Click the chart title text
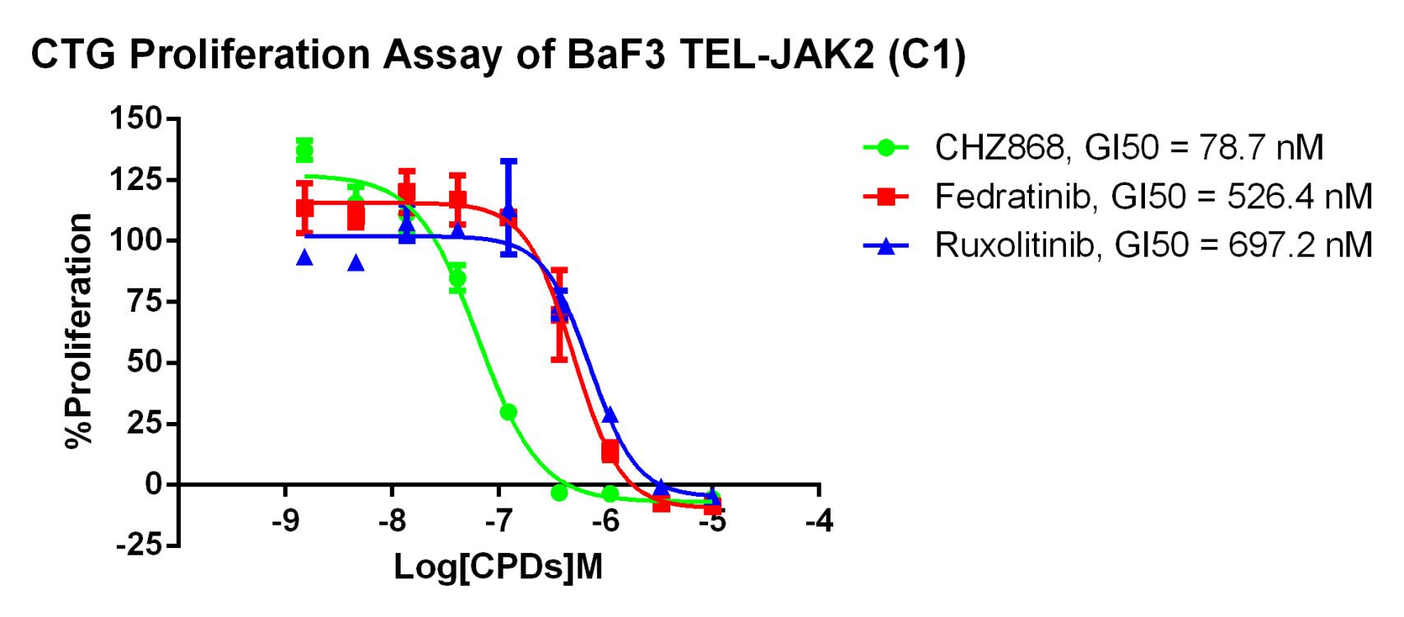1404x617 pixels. (498, 55)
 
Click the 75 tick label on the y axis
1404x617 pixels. (145, 302)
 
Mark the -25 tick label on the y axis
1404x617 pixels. (137, 545)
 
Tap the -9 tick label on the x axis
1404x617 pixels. (285, 521)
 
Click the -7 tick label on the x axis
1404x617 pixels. (498, 521)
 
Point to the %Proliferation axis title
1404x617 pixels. (79, 331)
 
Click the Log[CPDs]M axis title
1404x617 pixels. (498, 568)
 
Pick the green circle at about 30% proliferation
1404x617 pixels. (508, 411)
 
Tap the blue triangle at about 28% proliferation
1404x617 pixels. (609, 415)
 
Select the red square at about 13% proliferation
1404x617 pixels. (610, 452)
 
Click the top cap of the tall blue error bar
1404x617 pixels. (508, 160)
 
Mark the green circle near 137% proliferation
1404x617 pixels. (304, 151)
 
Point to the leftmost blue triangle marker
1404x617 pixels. (304, 257)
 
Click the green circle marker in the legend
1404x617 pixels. (886, 148)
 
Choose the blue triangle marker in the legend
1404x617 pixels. (886, 245)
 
